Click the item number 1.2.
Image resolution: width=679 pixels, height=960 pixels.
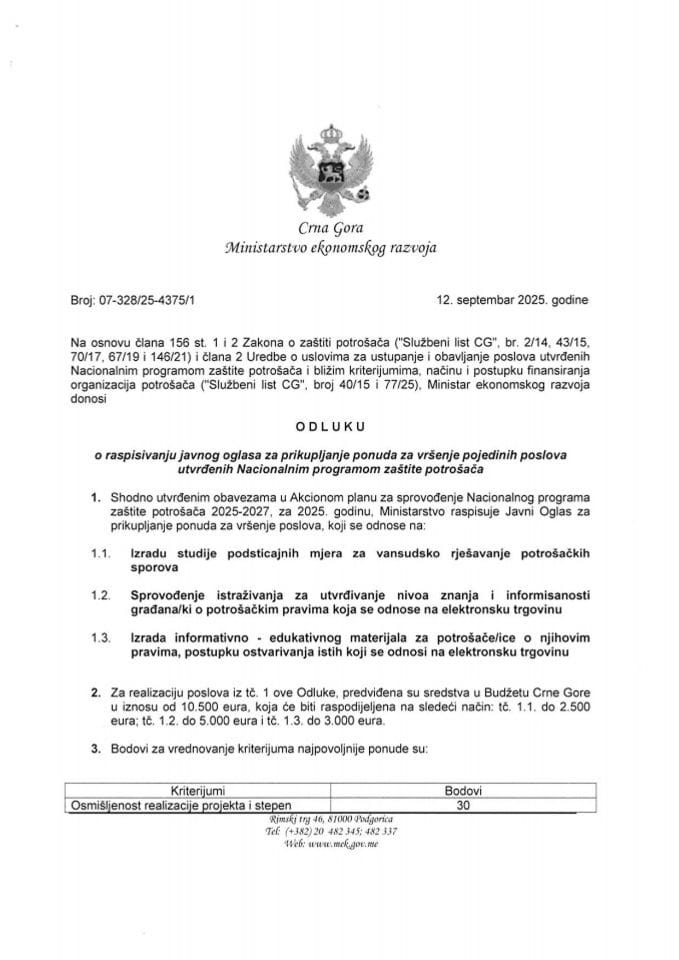[x=98, y=595]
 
